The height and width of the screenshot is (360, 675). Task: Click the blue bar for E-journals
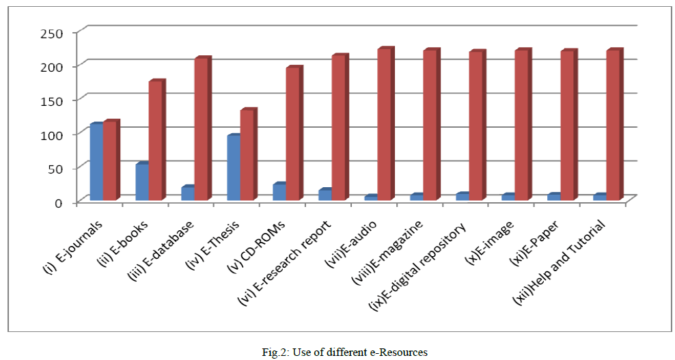coord(96,162)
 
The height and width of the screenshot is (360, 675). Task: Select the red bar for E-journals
coord(109,161)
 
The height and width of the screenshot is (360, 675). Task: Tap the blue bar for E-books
coord(141,182)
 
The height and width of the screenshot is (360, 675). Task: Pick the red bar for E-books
coord(155,141)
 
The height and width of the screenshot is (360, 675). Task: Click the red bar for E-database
coord(201,130)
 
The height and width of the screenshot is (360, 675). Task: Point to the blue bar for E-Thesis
coord(233,168)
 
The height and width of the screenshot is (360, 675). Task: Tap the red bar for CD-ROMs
coord(292,134)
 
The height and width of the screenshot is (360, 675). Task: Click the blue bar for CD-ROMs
coord(279,192)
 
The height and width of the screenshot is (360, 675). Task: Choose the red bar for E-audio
coord(384,125)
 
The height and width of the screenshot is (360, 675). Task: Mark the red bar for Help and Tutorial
coord(613,126)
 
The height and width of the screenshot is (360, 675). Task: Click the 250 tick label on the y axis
coord(51,33)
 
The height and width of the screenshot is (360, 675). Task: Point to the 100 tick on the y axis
coord(51,135)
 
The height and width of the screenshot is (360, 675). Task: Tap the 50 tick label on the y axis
coord(55,168)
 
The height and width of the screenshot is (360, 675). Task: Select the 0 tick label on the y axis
coord(59,202)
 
